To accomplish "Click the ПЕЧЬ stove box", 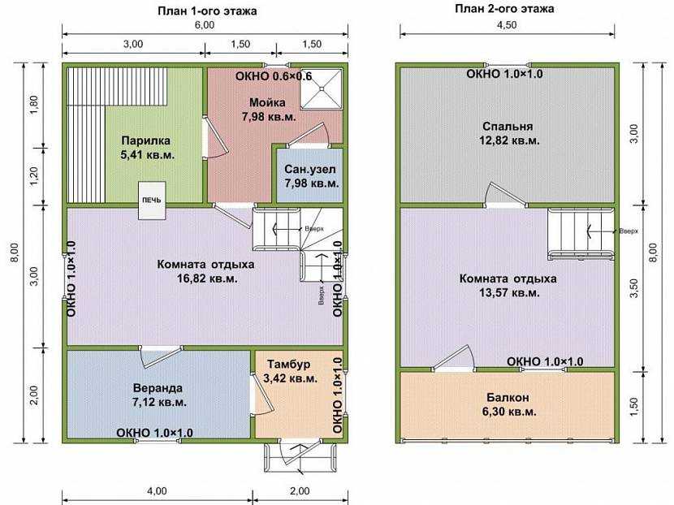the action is point(152,201).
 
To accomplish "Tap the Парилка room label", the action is point(145,140).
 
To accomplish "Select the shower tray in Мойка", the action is point(321,88).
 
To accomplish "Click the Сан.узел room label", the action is point(310,170).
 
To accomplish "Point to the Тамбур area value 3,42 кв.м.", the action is point(292,378).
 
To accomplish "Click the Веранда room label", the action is point(158,388).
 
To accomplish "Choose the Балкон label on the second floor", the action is point(508,398).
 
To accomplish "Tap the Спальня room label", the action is point(508,127).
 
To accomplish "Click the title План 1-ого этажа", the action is point(207,11).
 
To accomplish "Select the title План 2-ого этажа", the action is point(504,9).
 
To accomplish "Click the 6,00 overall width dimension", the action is point(205,25).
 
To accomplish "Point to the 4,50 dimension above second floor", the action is point(507,25).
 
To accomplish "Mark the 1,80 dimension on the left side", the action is point(34,105).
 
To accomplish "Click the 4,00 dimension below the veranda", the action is point(157,491).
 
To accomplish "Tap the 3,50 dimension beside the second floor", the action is point(634,288).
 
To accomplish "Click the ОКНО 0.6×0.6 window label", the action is point(274,76).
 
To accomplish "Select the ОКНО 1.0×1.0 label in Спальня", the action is point(504,74).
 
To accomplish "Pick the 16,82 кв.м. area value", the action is point(207,278).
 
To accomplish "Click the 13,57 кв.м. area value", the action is point(509,293).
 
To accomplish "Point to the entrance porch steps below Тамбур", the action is point(300,457).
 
